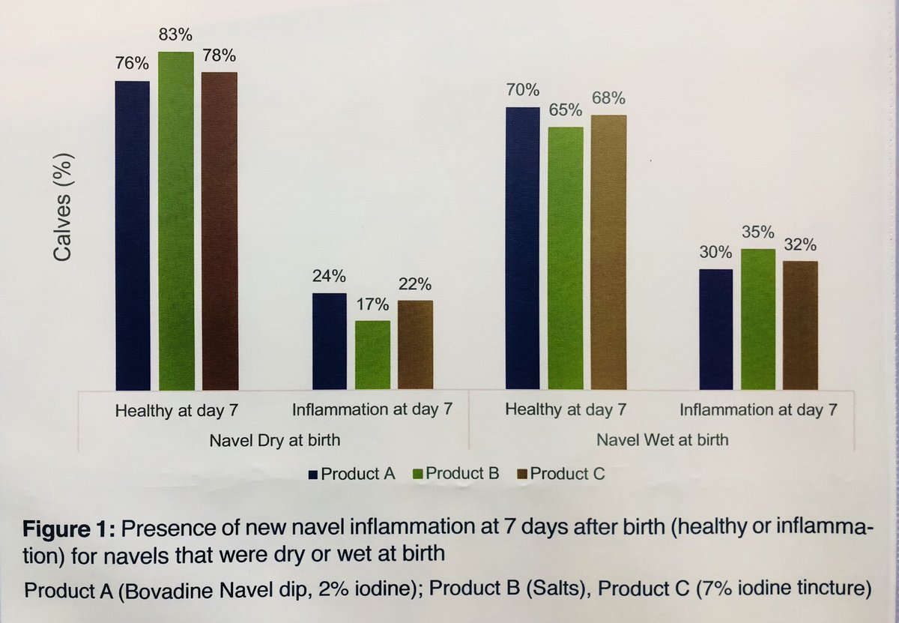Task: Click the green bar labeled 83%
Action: pyautogui.click(x=175, y=221)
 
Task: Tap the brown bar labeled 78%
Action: pyautogui.click(x=219, y=231)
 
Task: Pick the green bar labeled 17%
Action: pyautogui.click(x=372, y=355)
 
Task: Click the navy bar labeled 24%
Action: pyautogui.click(x=330, y=341)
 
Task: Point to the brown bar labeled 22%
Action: pyautogui.click(x=415, y=345)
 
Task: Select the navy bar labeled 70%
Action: pyautogui.click(x=522, y=248)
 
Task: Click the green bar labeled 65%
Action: pyautogui.click(x=565, y=258)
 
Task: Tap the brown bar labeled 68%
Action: pyautogui.click(x=608, y=252)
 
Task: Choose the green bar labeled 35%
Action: pyautogui.click(x=758, y=319)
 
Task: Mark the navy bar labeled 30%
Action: pyautogui.click(x=716, y=329)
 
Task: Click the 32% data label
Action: pyautogui.click(x=801, y=245)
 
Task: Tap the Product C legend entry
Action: pyautogui.click(x=560, y=474)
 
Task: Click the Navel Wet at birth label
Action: pyautogui.click(x=662, y=439)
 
